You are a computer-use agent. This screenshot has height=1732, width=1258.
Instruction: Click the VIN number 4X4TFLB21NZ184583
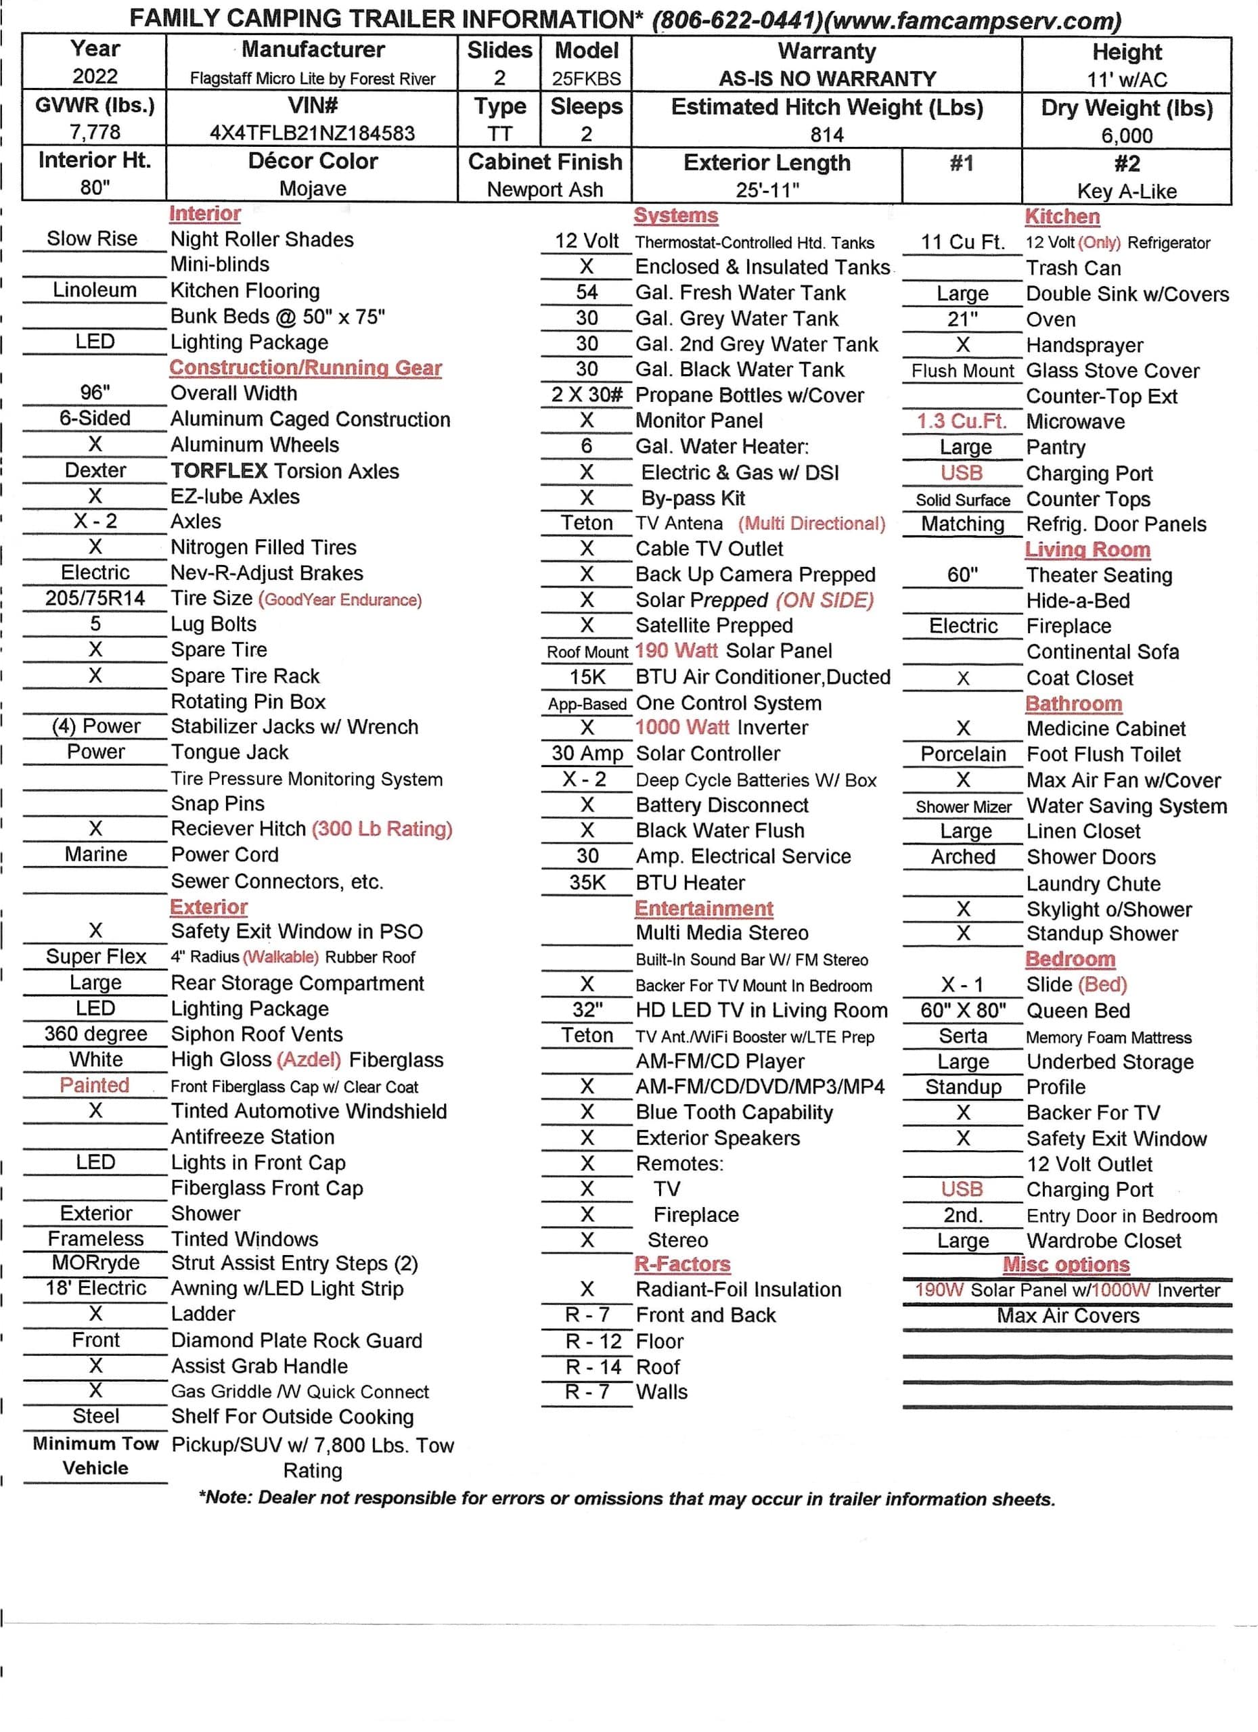pyautogui.click(x=313, y=133)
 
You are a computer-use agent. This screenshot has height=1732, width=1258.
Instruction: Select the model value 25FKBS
pyautogui.click(x=587, y=78)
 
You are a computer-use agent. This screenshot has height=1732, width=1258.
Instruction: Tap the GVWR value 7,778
pyautogui.click(x=95, y=132)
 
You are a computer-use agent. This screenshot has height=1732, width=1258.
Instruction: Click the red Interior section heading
pyautogui.click(x=204, y=214)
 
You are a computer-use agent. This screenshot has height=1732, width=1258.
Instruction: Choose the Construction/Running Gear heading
pyautogui.click(x=305, y=367)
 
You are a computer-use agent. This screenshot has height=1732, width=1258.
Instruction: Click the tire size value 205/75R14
pyautogui.click(x=95, y=598)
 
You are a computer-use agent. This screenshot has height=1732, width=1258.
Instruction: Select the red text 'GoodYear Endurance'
pyautogui.click(x=340, y=599)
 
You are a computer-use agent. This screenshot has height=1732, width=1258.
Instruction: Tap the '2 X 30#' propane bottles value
pyautogui.click(x=587, y=395)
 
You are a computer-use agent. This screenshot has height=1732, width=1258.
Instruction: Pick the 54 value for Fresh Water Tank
pyautogui.click(x=587, y=292)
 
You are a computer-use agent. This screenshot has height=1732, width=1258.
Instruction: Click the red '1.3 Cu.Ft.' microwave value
pyautogui.click(x=962, y=421)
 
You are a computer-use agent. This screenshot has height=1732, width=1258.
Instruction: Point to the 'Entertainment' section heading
pyautogui.click(x=704, y=908)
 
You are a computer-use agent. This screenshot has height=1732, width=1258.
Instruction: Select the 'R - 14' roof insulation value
pyautogui.click(x=593, y=1366)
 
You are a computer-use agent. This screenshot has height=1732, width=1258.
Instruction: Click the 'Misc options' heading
pyautogui.click(x=1066, y=1264)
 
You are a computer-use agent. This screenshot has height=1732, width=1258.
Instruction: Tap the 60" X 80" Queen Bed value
pyautogui.click(x=962, y=1010)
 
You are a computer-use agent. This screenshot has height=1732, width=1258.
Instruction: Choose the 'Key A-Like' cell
pyautogui.click(x=1126, y=191)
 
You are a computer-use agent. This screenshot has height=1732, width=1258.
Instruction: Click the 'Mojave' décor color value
pyautogui.click(x=313, y=189)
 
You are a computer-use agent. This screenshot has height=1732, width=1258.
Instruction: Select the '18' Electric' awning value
pyautogui.click(x=95, y=1288)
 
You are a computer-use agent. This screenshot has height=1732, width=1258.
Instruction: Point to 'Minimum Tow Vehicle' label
pyautogui.click(x=95, y=1455)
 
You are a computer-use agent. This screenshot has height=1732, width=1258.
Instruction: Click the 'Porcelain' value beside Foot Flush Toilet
pyautogui.click(x=962, y=754)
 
